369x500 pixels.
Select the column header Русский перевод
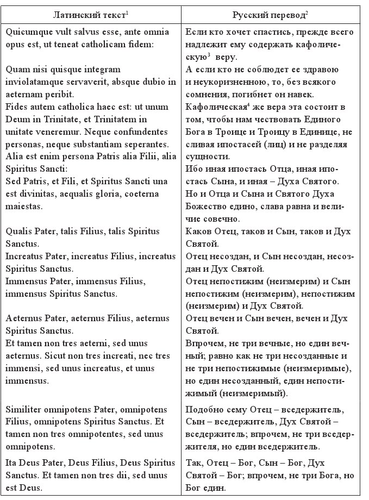(272, 13)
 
